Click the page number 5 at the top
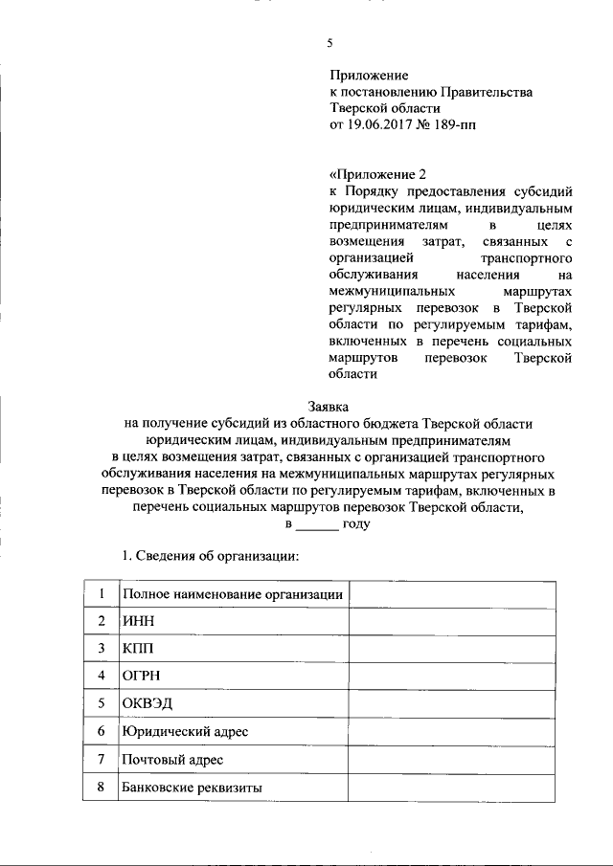click(x=330, y=43)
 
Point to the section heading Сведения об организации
click(x=207, y=556)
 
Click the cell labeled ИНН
click(x=139, y=621)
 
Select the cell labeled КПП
click(x=139, y=649)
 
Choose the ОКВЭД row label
click(x=148, y=704)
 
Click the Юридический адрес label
click(x=185, y=732)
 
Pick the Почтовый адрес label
click(x=172, y=760)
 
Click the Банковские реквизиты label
click(x=193, y=788)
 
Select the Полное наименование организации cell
click(x=233, y=594)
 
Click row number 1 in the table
click(x=101, y=593)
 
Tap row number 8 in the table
click(x=101, y=788)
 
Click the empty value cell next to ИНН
click(x=451, y=621)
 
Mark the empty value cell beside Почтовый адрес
click(x=451, y=760)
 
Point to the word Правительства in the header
click(x=488, y=92)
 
